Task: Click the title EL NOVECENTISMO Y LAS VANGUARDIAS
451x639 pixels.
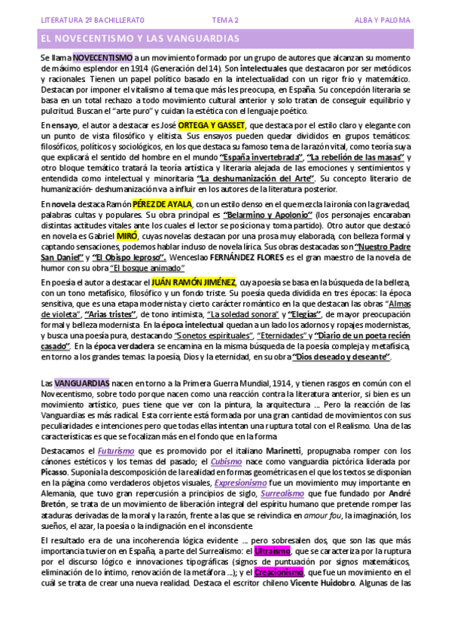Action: coord(139,38)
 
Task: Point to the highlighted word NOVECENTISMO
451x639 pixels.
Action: coord(102,57)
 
